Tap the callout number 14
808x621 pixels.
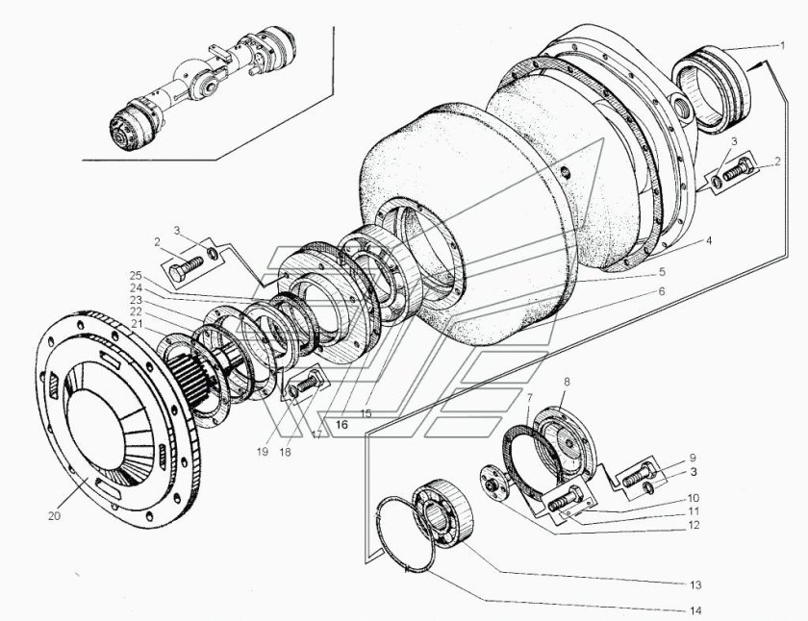click(693, 609)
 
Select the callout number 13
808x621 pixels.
click(693, 584)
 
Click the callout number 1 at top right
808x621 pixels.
click(784, 44)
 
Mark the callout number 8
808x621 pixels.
click(566, 381)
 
